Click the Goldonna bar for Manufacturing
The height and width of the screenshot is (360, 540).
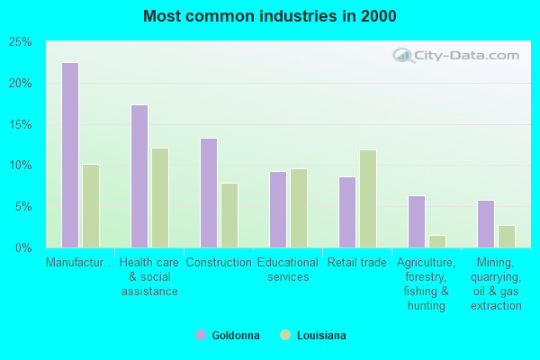point(70,155)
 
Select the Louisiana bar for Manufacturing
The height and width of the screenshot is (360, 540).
point(91,205)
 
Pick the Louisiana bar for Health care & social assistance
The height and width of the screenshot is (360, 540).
point(160,197)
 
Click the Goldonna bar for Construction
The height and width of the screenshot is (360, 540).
point(209,193)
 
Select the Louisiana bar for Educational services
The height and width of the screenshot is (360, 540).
point(299,208)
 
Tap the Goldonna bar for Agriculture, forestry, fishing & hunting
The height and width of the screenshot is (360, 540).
point(417,221)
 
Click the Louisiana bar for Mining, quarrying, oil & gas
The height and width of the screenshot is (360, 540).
point(507,236)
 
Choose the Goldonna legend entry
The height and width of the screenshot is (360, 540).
point(228,336)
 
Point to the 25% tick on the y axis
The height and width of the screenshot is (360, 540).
point(21,42)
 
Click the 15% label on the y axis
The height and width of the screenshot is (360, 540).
point(21,124)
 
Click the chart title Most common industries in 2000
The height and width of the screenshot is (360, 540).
point(269,16)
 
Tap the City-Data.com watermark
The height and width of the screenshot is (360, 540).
point(458,55)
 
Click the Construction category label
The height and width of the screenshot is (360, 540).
point(219,263)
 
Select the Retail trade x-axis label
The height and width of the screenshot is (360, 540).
point(357,263)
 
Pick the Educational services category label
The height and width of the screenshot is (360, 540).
point(288,270)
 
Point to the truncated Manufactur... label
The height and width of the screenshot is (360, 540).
point(80,263)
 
